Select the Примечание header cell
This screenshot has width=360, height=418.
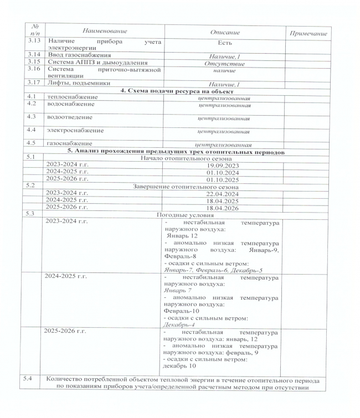306,34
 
